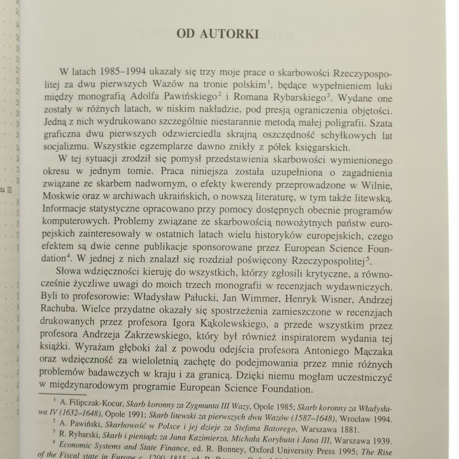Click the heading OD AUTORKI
[x=218, y=34]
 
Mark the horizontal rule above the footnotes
[x=62, y=394]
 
